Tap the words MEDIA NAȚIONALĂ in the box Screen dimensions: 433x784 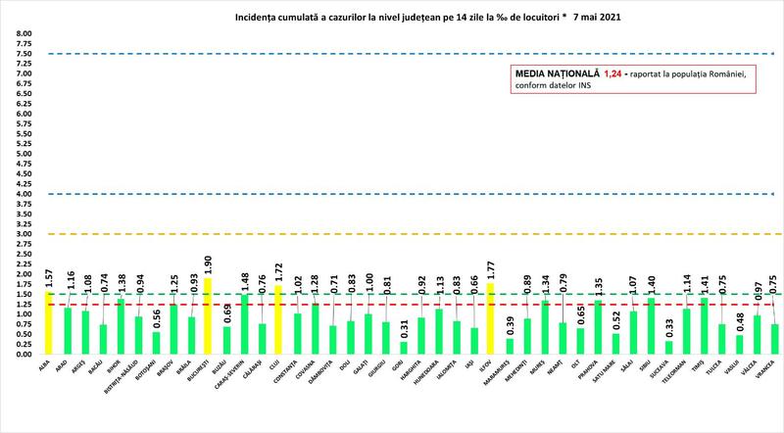(552, 73)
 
